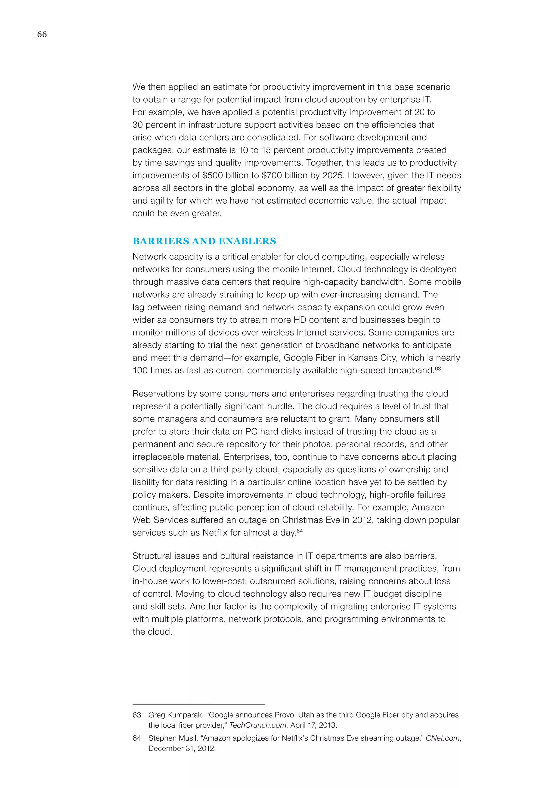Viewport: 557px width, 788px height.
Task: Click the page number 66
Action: (x=42, y=34)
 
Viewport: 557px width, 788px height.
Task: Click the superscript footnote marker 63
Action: (x=438, y=368)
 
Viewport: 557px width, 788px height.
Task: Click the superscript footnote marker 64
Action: (x=299, y=531)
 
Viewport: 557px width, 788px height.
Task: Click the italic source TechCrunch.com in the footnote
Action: (x=258, y=725)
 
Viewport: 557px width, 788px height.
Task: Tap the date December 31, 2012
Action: (x=182, y=748)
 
